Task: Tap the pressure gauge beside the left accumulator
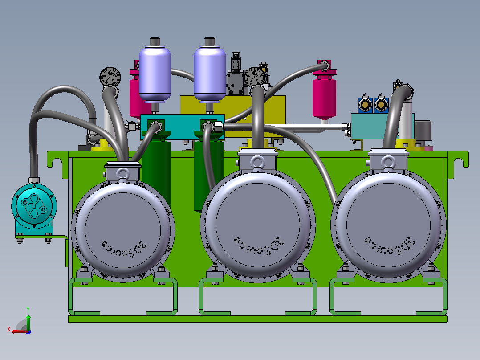click(110, 77)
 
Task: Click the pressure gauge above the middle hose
click(255, 77)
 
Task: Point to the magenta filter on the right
click(324, 91)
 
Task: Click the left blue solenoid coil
click(365, 105)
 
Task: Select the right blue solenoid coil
click(381, 105)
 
